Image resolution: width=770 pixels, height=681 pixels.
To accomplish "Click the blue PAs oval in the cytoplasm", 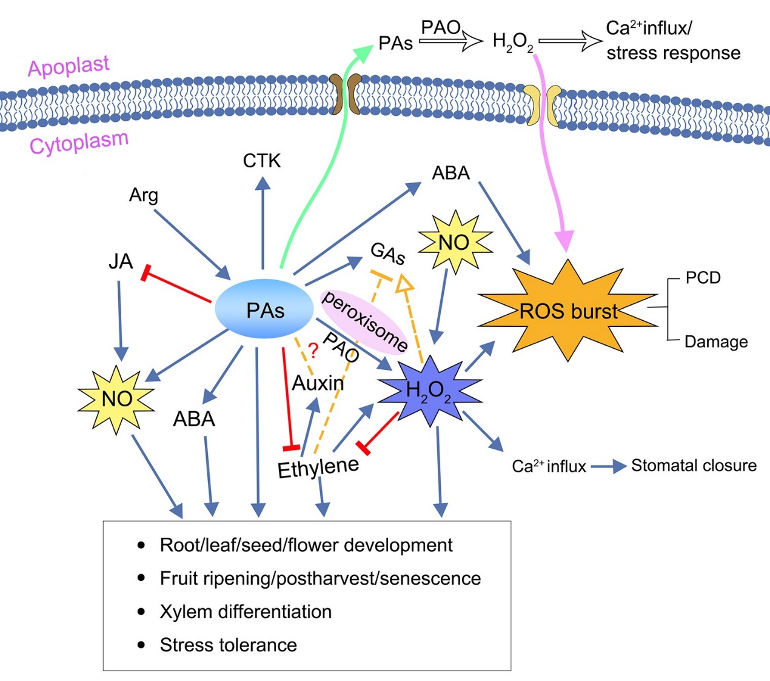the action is (264, 309).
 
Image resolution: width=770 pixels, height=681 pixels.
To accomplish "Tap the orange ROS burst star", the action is (568, 310).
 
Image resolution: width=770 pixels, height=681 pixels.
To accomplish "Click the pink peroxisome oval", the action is (364, 321).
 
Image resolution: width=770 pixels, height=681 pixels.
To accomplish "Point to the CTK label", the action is (261, 161).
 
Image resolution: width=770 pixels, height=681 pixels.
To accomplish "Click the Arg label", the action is (143, 195).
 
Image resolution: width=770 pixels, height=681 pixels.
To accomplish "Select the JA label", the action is (121, 261).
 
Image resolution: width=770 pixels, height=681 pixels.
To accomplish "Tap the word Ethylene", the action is (318, 468).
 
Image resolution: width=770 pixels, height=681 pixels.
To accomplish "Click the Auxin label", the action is (318, 383).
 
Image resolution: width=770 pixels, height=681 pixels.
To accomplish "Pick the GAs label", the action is (387, 253).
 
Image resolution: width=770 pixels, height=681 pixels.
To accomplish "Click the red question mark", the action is (313, 351).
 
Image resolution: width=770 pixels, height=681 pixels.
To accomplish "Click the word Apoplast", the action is (69, 65).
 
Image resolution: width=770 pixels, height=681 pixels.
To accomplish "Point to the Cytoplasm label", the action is (79, 143).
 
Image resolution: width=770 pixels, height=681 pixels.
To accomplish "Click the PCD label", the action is (703, 278).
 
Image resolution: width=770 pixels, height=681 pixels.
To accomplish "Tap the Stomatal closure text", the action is (694, 465).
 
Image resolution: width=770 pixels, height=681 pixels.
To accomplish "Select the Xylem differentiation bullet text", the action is (246, 612).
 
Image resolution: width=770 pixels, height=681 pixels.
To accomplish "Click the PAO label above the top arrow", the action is (441, 27).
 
